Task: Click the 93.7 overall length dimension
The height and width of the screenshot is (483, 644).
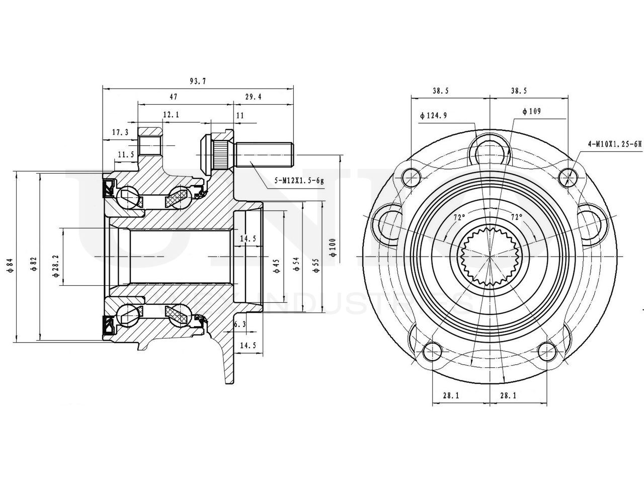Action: [x=198, y=80]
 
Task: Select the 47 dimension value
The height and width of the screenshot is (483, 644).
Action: [x=173, y=96]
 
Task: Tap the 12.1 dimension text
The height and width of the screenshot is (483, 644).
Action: [x=171, y=115]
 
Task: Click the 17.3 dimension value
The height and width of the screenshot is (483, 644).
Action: [x=120, y=133]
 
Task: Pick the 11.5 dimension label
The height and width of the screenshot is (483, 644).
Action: [x=125, y=154]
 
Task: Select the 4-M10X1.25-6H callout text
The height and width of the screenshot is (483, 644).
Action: [x=615, y=144]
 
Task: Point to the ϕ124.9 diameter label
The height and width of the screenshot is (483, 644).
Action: [x=433, y=116]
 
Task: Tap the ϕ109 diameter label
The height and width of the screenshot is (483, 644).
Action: [x=531, y=111]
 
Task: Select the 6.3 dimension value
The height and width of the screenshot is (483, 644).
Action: [x=240, y=325]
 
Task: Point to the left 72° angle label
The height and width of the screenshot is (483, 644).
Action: [x=459, y=218]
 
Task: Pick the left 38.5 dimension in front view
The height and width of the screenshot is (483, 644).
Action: [x=440, y=91]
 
